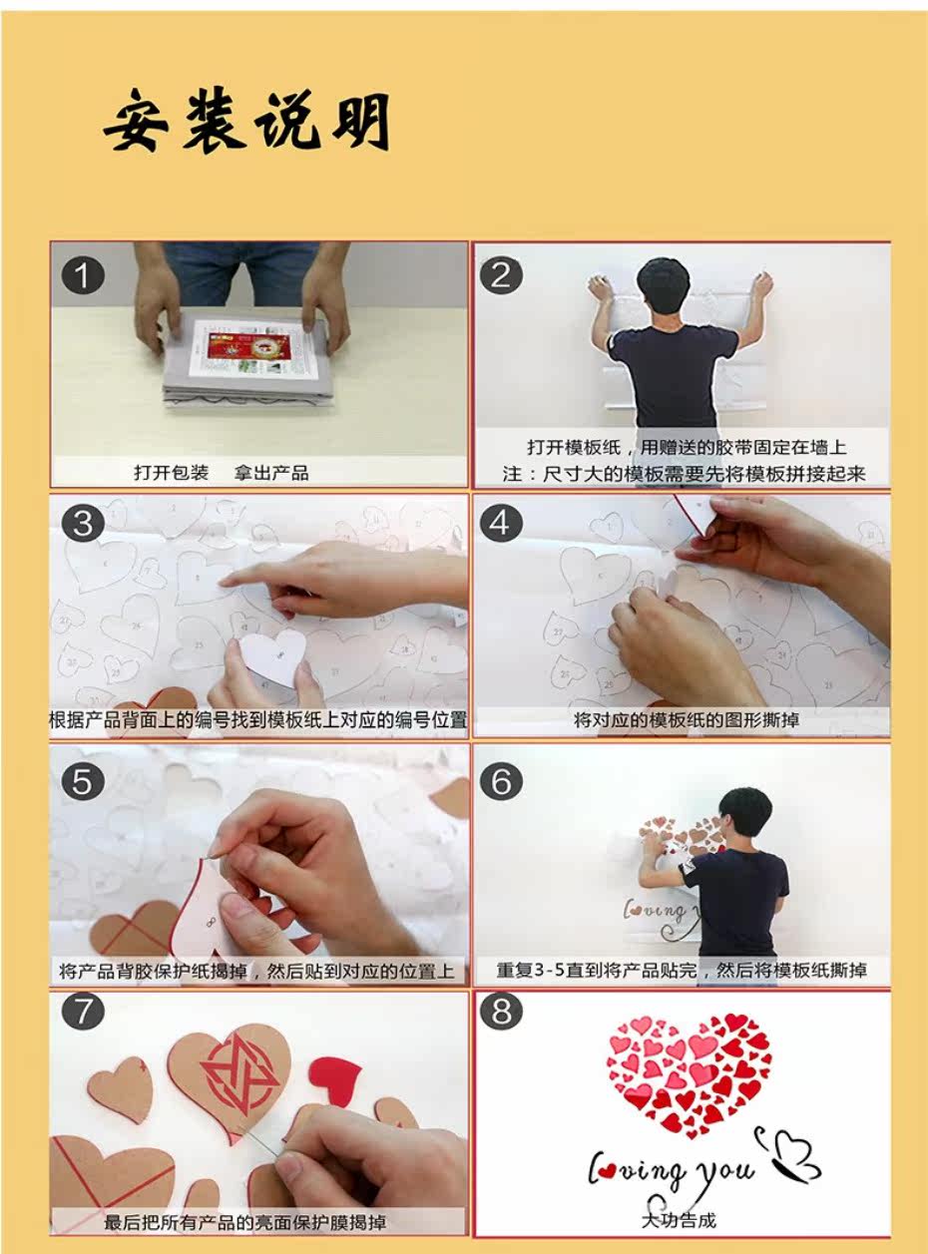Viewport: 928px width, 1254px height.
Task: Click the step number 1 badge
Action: pos(83,276)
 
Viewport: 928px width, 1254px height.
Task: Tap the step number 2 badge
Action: pos(501,276)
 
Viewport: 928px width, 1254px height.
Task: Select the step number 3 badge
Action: pos(83,523)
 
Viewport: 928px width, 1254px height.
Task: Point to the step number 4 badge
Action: pos(501,523)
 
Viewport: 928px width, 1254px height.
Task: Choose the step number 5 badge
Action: pos(83,782)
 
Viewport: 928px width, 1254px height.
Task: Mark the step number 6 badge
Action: pos(501,782)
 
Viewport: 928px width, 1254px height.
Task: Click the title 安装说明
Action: pos(247,120)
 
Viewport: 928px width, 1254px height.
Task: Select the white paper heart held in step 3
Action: pos(273,657)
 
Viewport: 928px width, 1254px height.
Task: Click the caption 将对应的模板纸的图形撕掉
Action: pos(686,720)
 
